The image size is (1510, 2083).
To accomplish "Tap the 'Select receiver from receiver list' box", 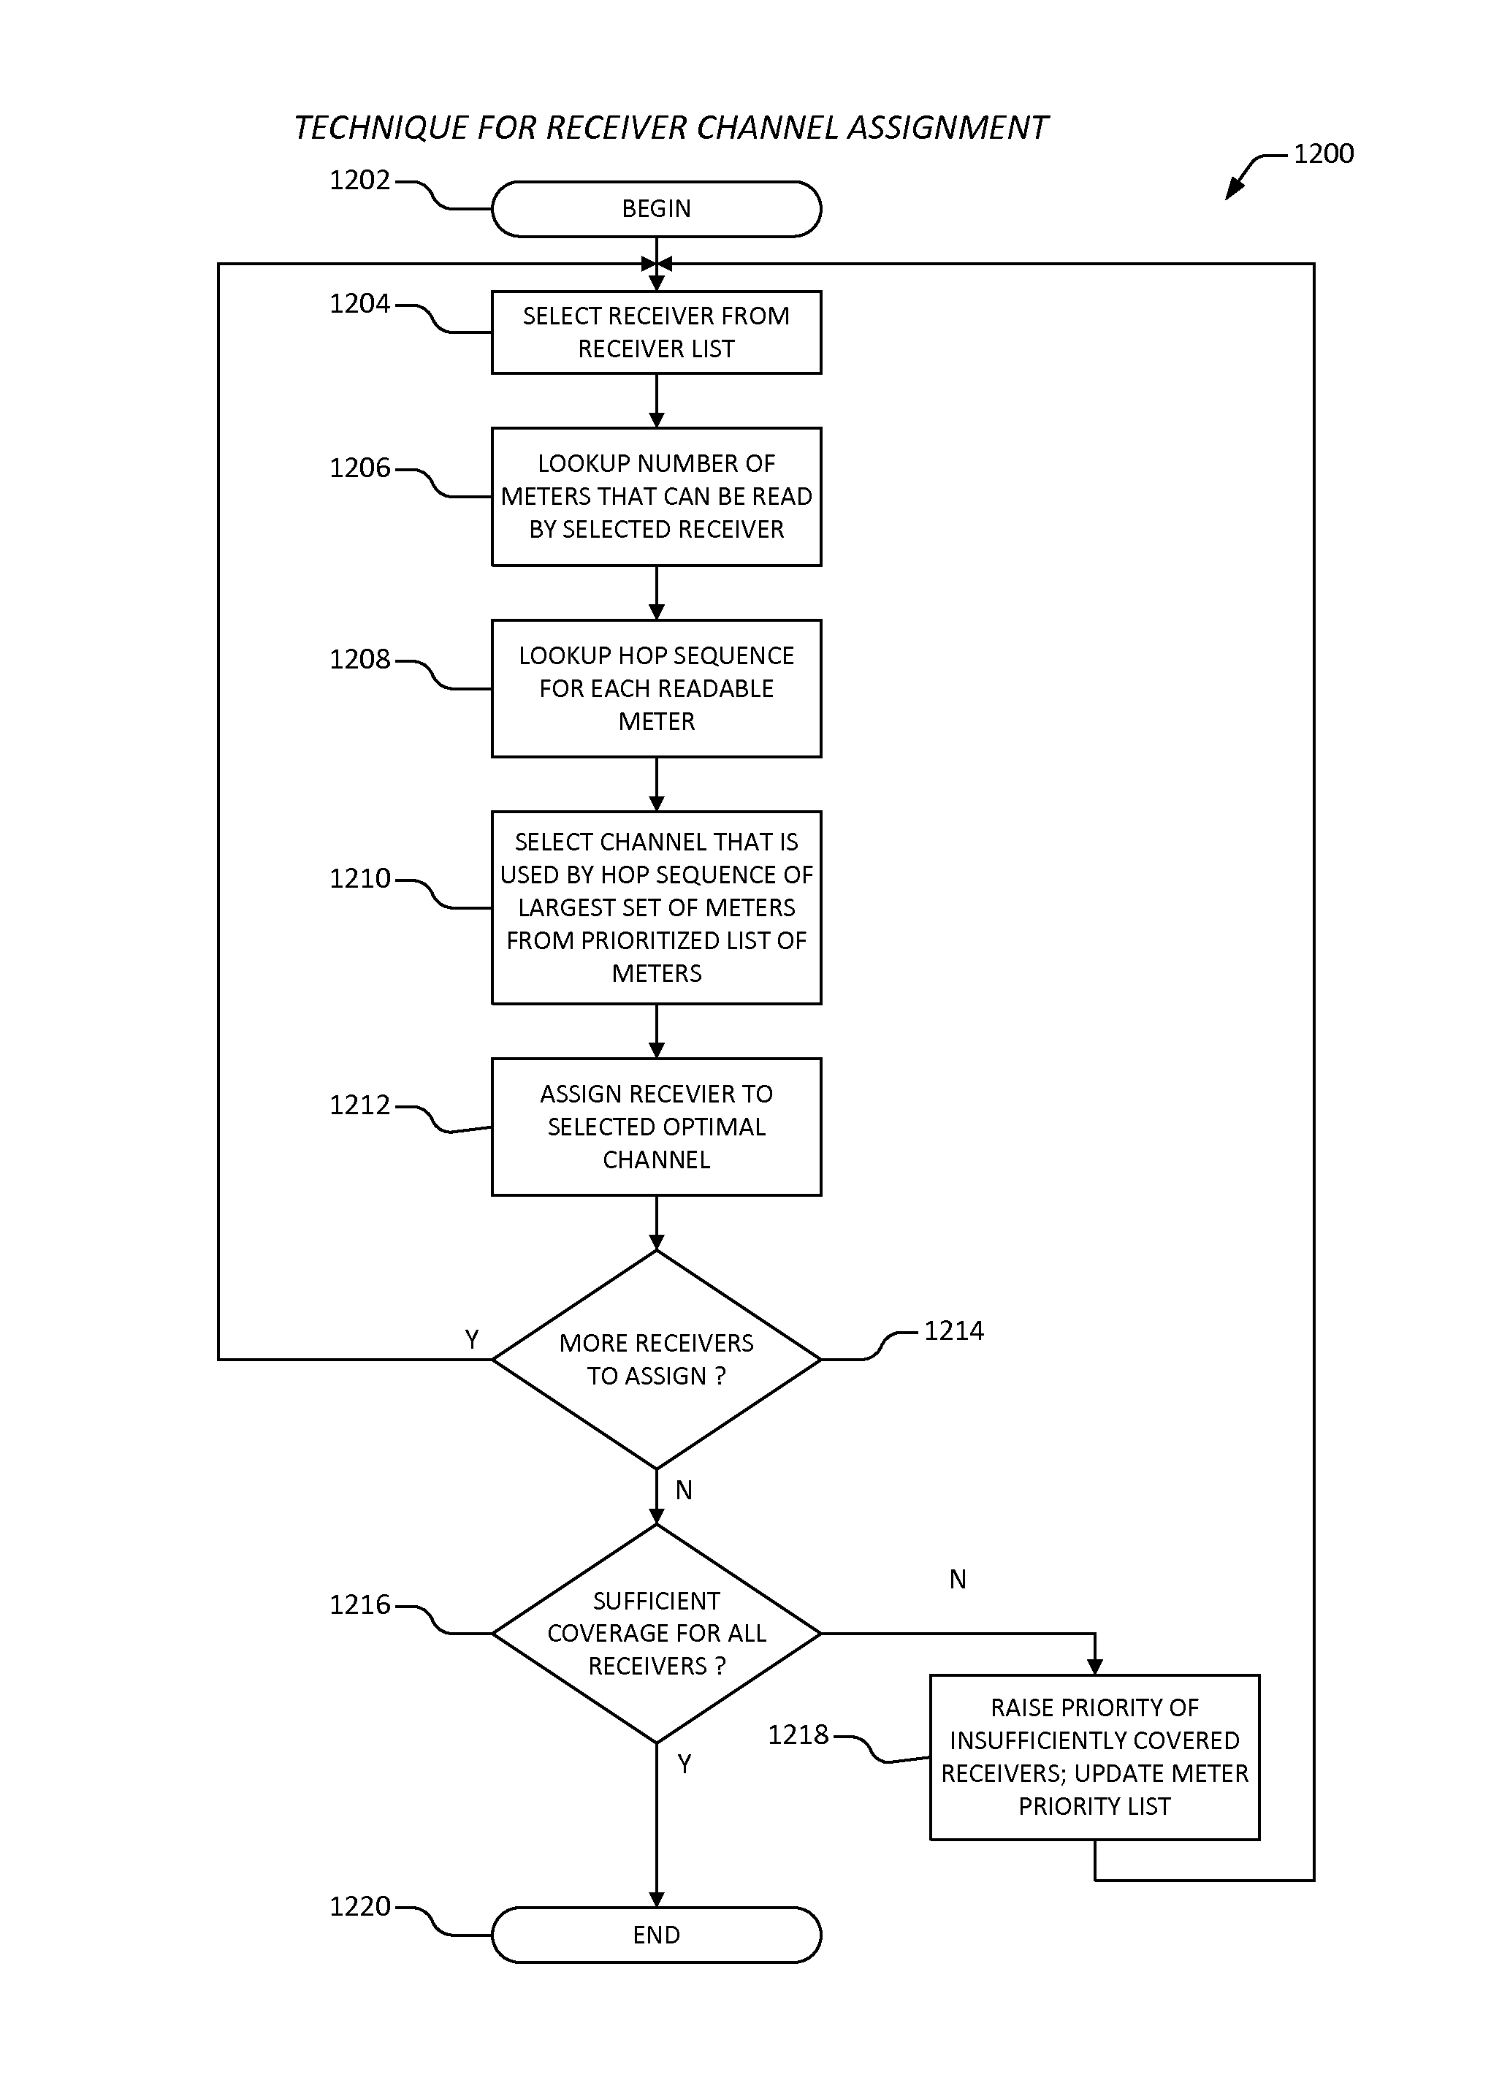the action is [x=656, y=332].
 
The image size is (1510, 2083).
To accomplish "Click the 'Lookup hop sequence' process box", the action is [x=656, y=689].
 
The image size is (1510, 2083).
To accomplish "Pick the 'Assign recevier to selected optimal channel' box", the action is [x=656, y=1127].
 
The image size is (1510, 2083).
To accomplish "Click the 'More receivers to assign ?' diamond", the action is [x=656, y=1359].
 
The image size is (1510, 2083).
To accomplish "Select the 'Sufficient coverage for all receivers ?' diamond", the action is [x=656, y=1633].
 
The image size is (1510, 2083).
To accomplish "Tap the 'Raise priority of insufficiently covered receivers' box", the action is [x=1095, y=1757].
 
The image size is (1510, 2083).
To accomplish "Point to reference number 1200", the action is [x=1324, y=153].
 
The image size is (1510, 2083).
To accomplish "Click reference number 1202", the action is [x=360, y=180].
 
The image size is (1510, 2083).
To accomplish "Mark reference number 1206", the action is [x=360, y=468].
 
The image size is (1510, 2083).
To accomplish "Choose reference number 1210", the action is [x=360, y=879].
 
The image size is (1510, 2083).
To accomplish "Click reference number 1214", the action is [x=953, y=1330].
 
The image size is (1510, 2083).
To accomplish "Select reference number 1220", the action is [x=360, y=1907].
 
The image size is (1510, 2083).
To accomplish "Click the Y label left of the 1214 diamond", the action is [x=471, y=1340].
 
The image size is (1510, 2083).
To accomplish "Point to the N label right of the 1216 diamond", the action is [x=957, y=1579].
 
